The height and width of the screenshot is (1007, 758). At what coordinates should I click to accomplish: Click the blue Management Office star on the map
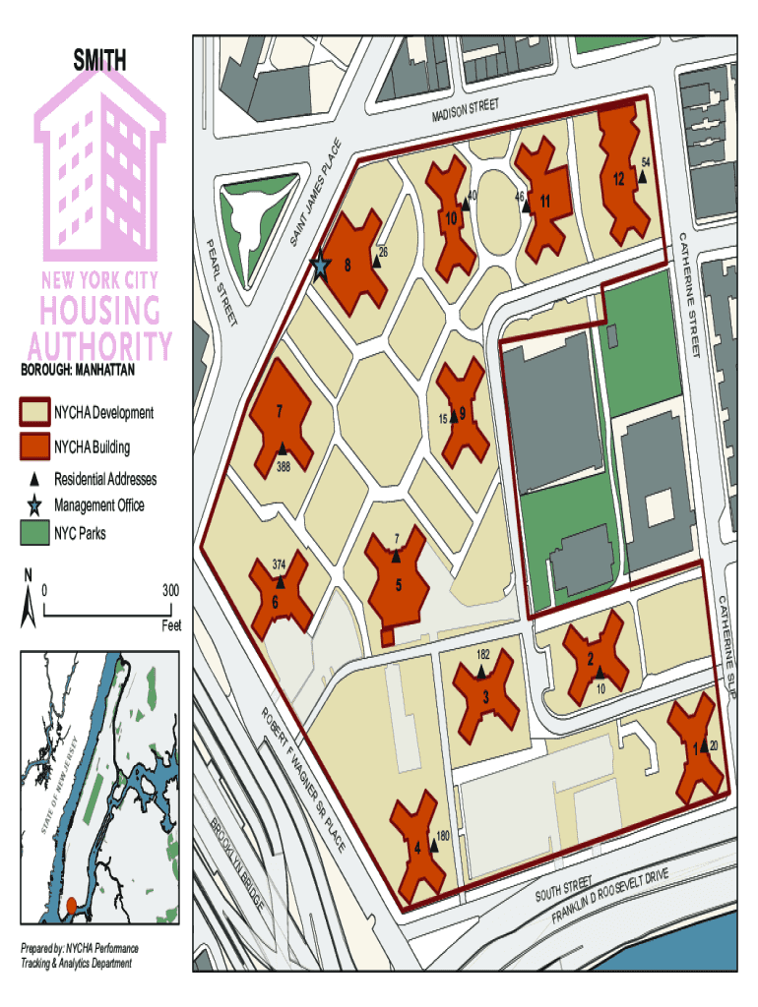pos(320,266)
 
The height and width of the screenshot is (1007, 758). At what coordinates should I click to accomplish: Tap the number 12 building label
pos(618,180)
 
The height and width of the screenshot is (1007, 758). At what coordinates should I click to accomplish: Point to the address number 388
pos(284,466)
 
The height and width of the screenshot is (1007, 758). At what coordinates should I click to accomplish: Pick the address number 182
pos(483,654)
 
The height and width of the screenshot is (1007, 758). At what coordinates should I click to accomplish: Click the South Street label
pos(564,888)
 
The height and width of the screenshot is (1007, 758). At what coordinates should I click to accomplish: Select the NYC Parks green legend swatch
pos(35,533)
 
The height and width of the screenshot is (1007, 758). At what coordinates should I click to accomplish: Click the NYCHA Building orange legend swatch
pos(35,447)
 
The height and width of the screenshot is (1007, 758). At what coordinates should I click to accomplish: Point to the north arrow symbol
pos(28,600)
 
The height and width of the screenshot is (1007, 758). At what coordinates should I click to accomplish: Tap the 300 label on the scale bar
pos(170,591)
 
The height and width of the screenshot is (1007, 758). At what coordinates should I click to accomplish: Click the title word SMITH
pos(99,61)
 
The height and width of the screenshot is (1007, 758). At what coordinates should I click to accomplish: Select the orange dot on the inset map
pos(71,904)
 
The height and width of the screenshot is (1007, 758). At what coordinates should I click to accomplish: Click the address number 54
pos(646,161)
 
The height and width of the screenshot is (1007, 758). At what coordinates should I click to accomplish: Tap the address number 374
pos(280,564)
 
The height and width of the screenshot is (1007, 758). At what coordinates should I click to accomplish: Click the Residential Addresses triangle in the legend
pos(34,479)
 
